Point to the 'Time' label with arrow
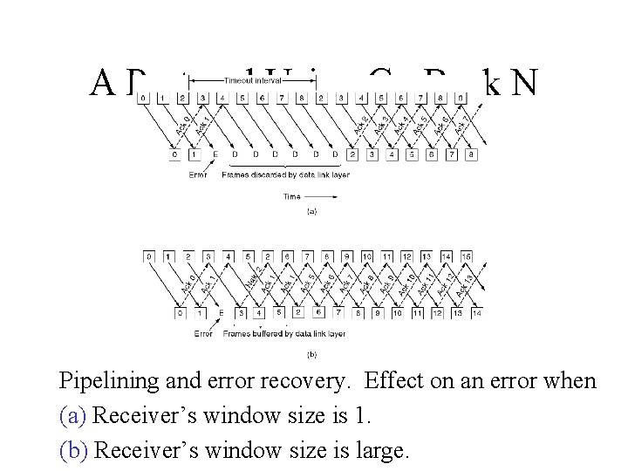tap(293, 196)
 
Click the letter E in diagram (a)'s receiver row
tap(215, 154)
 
